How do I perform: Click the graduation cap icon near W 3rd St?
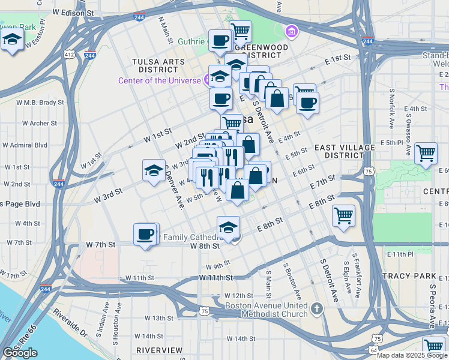154,170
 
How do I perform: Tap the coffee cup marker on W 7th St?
145,233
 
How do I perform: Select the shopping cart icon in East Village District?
426,152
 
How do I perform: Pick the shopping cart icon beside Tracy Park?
433,347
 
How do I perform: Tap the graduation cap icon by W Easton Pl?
12,41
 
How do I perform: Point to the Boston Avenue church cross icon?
317,308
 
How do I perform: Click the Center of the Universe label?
160,80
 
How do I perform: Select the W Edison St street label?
73,12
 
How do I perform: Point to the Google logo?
20,353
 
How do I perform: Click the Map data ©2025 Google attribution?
412,355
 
